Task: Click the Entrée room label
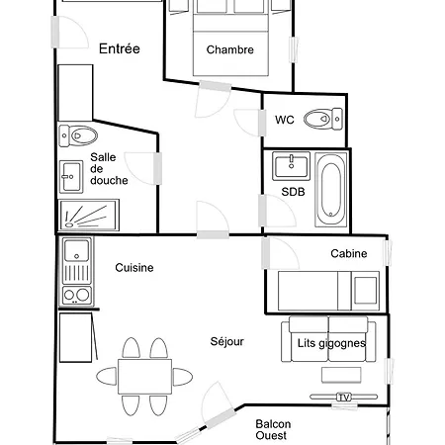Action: tap(120, 48)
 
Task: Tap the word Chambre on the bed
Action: tap(230, 49)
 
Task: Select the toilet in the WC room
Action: tap(323, 119)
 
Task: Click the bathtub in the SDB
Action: tap(331, 189)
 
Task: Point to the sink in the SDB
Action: tap(291, 166)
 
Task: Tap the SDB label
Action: tap(293, 192)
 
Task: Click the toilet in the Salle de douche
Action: tap(78, 135)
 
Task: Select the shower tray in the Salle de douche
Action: tap(89, 215)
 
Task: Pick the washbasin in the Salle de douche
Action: tap(71, 177)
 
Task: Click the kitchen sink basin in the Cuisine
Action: tap(76, 250)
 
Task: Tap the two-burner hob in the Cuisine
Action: tap(76, 295)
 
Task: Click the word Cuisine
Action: tap(134, 268)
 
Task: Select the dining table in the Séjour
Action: tap(144, 377)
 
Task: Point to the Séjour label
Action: tap(227, 341)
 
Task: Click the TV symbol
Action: tap(343, 398)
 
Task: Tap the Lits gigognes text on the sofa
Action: tap(331, 343)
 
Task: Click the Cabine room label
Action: tap(349, 253)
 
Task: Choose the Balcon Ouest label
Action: tap(273, 429)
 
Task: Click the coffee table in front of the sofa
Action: tap(341, 375)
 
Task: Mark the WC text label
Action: tap(285, 120)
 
